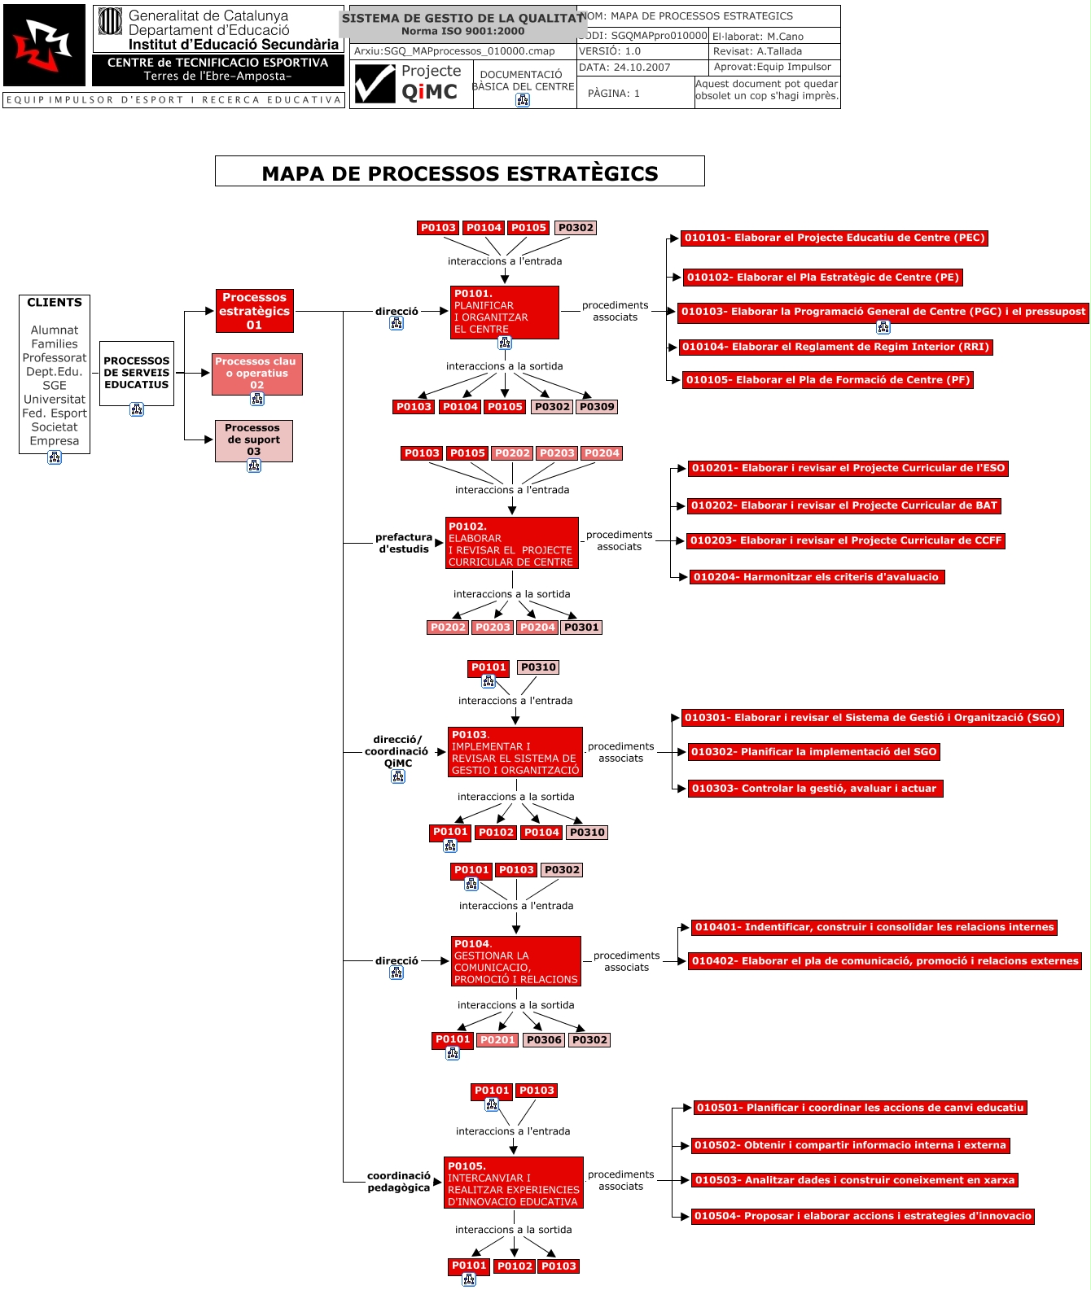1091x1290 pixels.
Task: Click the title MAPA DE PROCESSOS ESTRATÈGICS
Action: pos(459,173)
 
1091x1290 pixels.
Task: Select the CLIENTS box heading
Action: pos(55,303)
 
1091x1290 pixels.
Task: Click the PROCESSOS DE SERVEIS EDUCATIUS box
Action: pos(137,373)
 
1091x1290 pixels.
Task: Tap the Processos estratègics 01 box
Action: pos(254,311)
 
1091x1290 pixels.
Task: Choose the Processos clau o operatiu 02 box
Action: pos(256,374)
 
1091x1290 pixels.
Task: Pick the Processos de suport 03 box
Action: pos(253,439)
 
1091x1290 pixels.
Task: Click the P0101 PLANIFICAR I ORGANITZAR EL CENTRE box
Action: pos(504,312)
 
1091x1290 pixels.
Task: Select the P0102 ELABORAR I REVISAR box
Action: pos(511,543)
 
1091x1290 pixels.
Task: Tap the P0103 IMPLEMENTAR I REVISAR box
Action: pos(515,752)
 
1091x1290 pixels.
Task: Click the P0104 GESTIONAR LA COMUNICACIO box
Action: pos(515,961)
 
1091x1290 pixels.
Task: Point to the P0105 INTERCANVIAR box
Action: pos(513,1183)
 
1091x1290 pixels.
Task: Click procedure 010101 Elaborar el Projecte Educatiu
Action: pos(835,238)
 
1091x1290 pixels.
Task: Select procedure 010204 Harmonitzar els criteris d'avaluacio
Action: pos(816,577)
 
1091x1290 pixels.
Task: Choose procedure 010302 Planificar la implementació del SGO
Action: pos(813,752)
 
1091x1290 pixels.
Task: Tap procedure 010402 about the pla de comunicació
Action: pos(884,961)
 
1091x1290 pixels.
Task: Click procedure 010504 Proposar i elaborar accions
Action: pos(863,1216)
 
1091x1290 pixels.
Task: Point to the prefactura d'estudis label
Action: pos(403,543)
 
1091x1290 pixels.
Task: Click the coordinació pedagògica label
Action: pos(398,1182)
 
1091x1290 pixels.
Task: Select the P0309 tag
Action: pos(597,407)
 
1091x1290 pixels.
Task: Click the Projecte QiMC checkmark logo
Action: pos(375,84)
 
